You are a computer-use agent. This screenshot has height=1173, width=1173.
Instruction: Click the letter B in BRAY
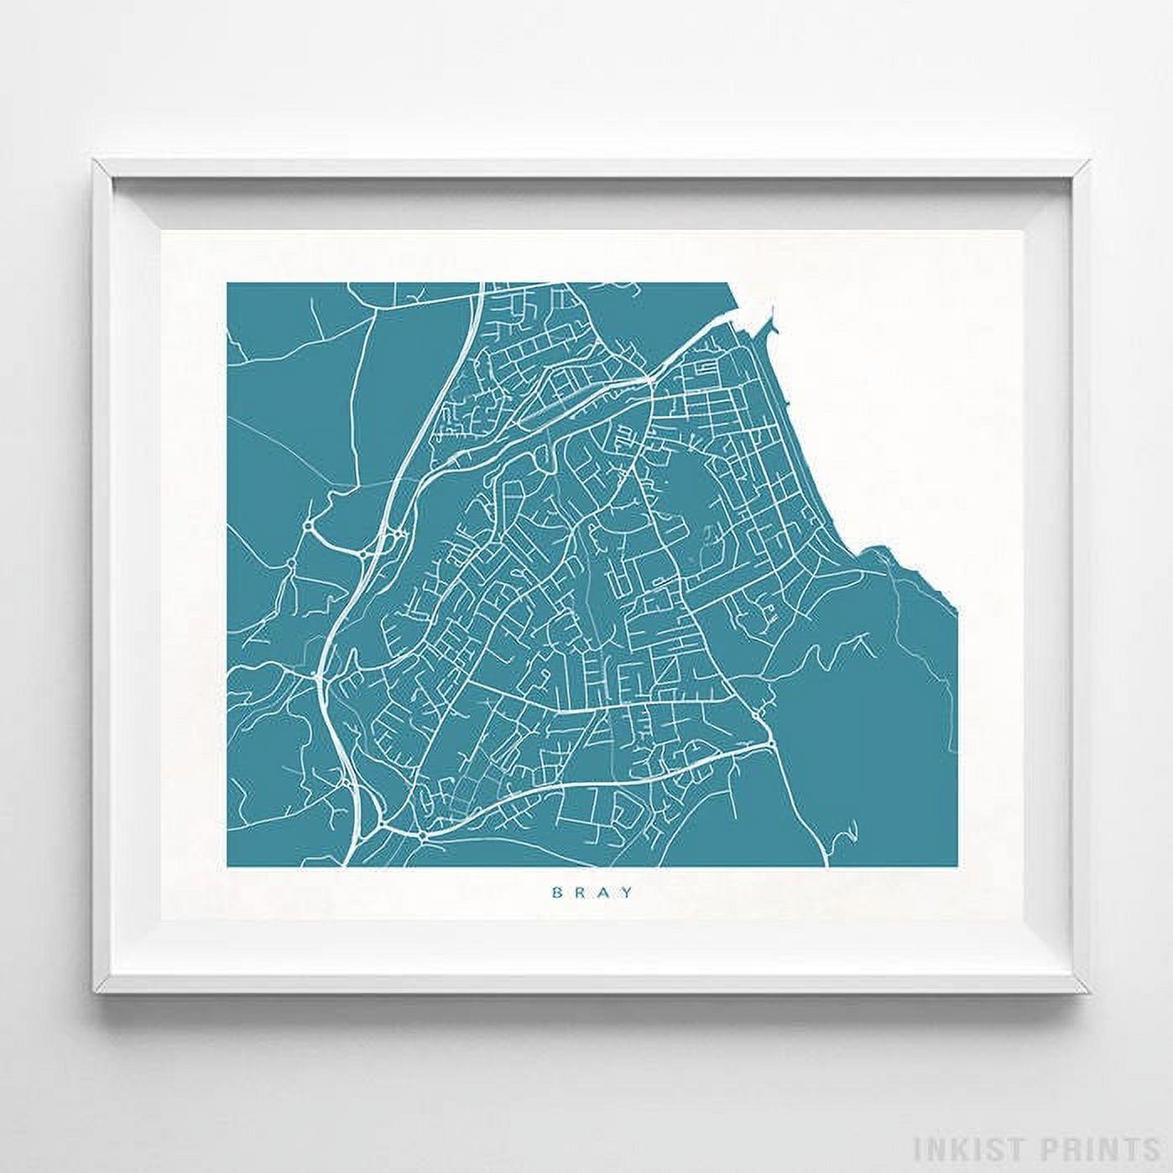[x=556, y=892]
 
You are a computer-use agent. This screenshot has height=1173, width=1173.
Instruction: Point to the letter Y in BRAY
[x=622, y=892]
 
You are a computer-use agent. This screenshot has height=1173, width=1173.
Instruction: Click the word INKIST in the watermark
[x=971, y=1147]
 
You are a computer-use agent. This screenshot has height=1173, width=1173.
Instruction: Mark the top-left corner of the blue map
[x=227, y=283]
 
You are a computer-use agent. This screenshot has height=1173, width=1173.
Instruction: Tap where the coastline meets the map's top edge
[x=727, y=284]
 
